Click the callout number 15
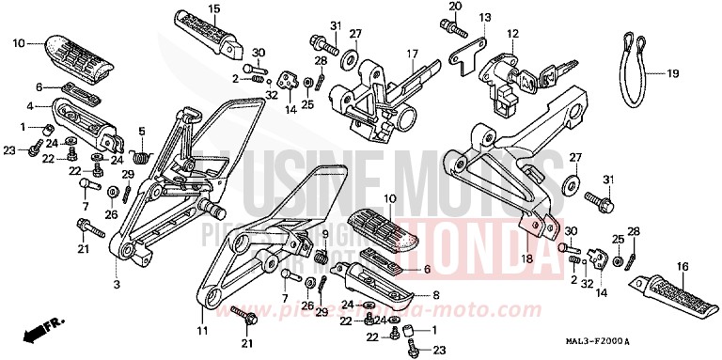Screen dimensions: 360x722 [213, 9]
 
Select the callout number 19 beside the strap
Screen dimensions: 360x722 [672, 73]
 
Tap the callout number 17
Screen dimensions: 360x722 [411, 55]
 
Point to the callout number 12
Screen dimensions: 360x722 [512, 34]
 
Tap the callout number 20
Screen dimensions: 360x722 [455, 7]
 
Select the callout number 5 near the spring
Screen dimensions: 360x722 [142, 131]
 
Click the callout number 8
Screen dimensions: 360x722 [433, 294]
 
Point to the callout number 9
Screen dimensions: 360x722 [326, 233]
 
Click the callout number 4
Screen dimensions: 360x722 [30, 105]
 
